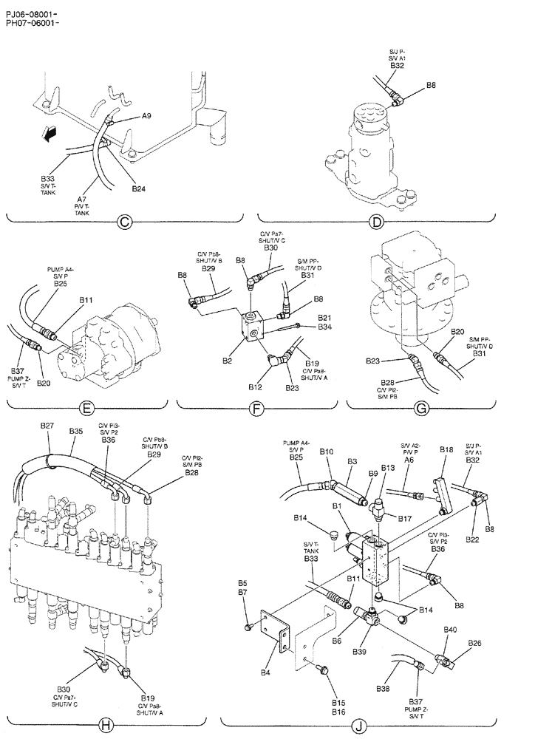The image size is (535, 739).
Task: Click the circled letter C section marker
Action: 125,219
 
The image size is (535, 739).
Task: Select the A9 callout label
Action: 147,116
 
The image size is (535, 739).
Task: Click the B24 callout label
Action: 139,189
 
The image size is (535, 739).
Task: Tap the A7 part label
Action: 81,200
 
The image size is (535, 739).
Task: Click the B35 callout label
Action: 76,431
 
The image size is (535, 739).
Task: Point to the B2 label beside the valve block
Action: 228,360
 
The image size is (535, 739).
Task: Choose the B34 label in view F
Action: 325,326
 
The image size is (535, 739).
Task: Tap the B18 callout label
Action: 446,449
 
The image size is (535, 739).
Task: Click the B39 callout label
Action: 359,652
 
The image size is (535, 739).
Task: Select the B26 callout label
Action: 474,643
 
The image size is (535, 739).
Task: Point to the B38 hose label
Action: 383,688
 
